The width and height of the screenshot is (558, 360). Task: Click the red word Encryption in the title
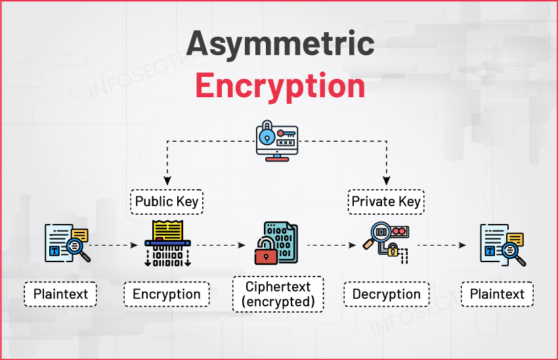280,85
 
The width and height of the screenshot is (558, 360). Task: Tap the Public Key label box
167,202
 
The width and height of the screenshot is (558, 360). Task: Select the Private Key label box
386,202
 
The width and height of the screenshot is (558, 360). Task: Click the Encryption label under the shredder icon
167,294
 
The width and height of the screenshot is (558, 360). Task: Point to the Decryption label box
386,294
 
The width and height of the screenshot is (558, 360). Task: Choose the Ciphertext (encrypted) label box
278,294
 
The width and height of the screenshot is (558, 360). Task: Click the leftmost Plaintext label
60,294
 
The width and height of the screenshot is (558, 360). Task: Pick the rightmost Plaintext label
497,294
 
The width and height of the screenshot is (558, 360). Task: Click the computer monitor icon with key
276,143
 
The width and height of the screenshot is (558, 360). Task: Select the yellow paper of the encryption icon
167,231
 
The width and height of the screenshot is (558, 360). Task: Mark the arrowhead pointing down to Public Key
167,180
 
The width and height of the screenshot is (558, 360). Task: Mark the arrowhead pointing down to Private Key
386,180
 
